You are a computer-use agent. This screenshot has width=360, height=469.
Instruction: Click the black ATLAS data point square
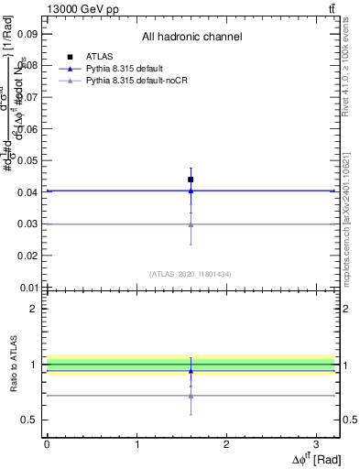tap(191, 180)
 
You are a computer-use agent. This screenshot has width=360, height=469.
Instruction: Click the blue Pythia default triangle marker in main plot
tap(191, 191)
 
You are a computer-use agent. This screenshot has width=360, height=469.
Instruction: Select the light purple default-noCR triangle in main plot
tap(191, 224)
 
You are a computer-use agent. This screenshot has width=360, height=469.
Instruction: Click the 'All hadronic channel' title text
tap(191, 38)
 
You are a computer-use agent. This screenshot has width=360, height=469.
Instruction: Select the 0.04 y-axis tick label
tap(27, 192)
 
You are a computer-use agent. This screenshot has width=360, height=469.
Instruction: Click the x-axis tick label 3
tap(316, 443)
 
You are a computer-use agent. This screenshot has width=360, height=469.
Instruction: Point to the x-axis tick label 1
tap(136, 443)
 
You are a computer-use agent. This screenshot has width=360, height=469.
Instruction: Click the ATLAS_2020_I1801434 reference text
tap(190, 273)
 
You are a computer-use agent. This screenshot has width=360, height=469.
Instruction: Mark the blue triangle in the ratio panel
tap(191, 371)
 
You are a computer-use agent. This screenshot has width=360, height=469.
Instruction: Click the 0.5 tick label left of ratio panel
tap(30, 420)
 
